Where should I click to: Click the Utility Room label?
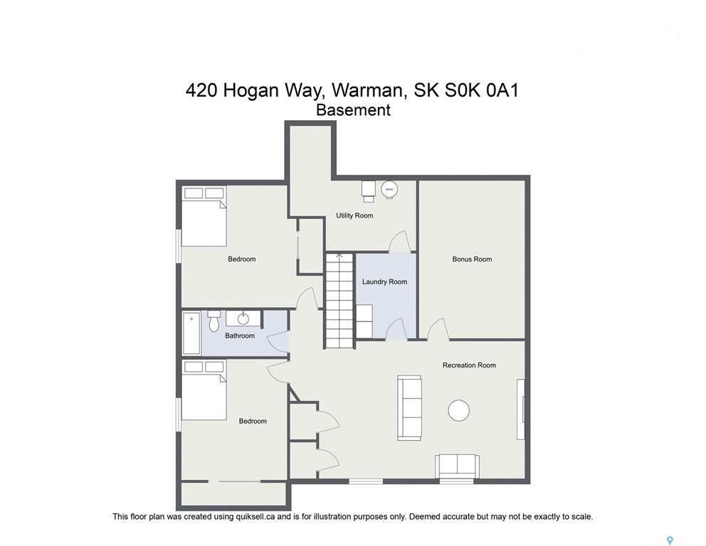click(x=354, y=215)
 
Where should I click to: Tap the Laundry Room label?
click(x=384, y=282)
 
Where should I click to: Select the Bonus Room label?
click(x=472, y=259)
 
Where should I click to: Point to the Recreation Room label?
click(x=469, y=365)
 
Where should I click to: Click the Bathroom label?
click(x=240, y=336)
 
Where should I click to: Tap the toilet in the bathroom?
click(x=214, y=320)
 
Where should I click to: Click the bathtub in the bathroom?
click(x=192, y=334)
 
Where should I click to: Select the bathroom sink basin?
click(x=243, y=319)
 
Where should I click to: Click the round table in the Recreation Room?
click(x=459, y=411)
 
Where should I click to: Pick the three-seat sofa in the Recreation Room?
click(x=410, y=408)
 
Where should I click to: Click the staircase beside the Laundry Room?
click(x=339, y=301)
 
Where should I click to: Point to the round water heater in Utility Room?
click(x=389, y=189)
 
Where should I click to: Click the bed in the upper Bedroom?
click(x=204, y=216)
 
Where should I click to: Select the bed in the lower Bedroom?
click(x=204, y=390)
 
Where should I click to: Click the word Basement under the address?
click(x=353, y=110)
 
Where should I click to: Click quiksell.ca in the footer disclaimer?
click(x=255, y=517)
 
